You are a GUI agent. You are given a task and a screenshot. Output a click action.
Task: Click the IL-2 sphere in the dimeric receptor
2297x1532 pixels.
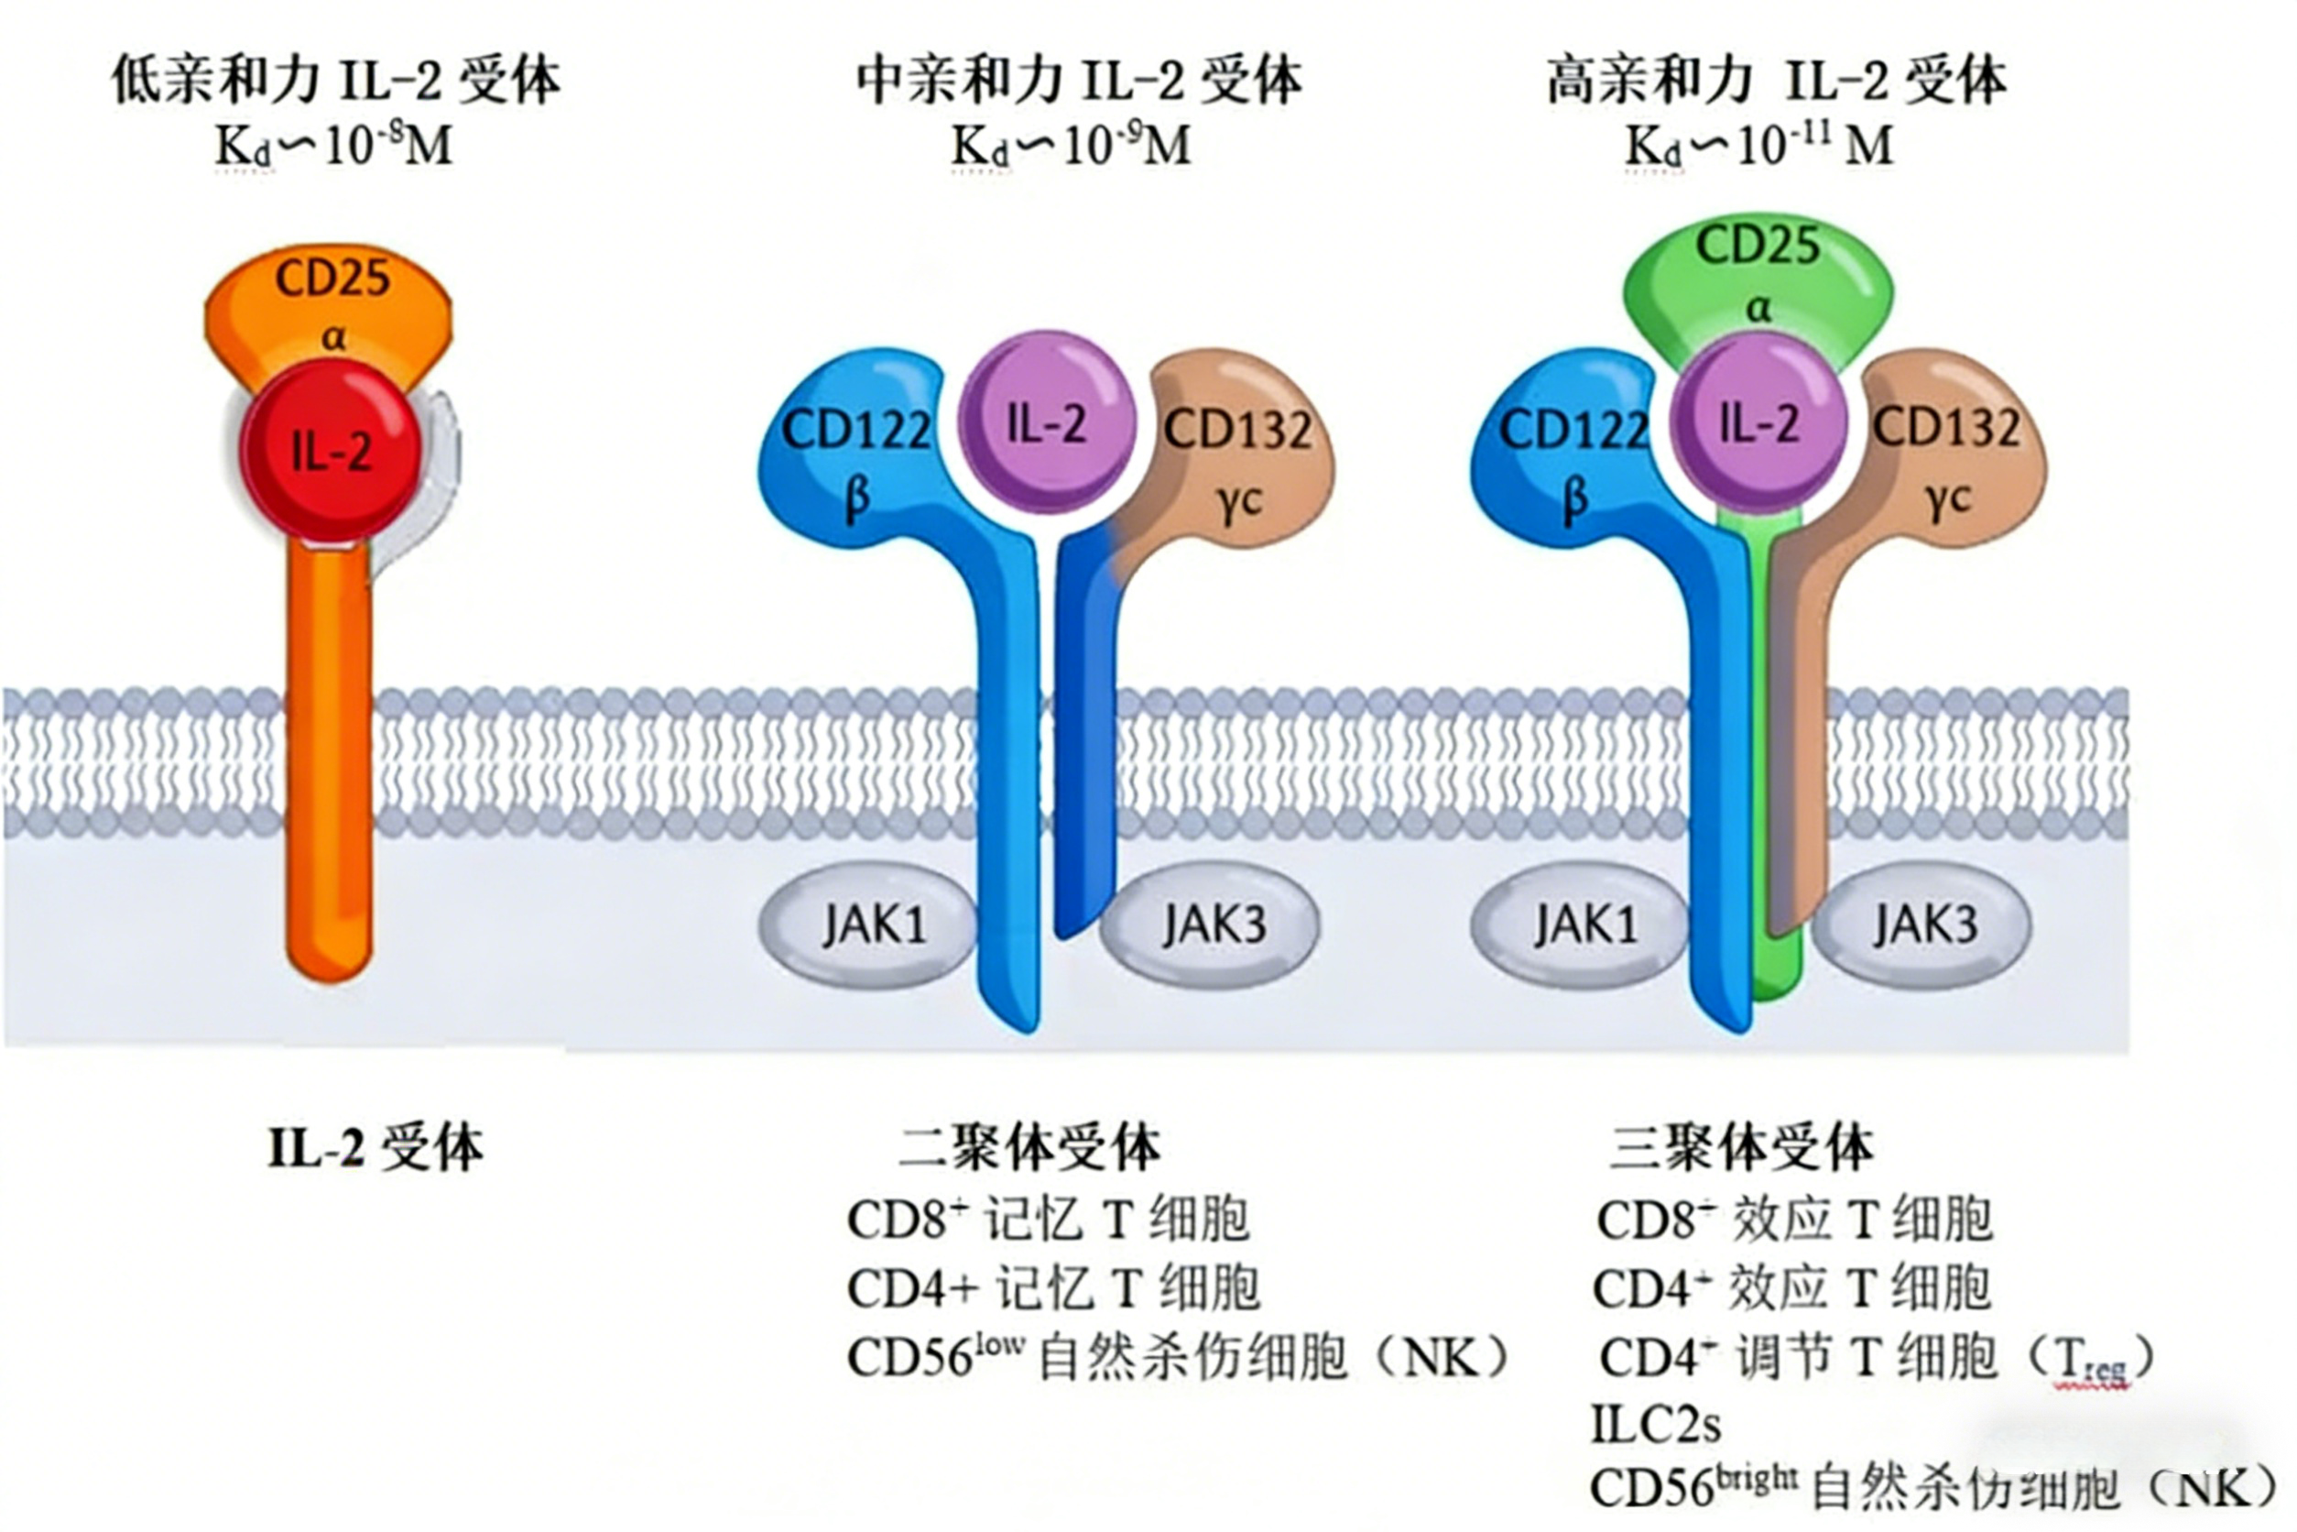tap(1047, 422)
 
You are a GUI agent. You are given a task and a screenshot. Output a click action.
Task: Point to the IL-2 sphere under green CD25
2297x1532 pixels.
tap(1758, 422)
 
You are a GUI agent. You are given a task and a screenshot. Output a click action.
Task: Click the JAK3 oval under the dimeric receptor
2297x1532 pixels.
tap(1211, 925)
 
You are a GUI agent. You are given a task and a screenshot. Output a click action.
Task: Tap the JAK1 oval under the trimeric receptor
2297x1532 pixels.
tap(1582, 925)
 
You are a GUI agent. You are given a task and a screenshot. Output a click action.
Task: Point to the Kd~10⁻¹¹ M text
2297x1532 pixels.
tap(1758, 147)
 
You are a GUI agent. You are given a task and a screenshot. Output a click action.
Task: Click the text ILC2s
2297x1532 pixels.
tap(1655, 1425)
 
